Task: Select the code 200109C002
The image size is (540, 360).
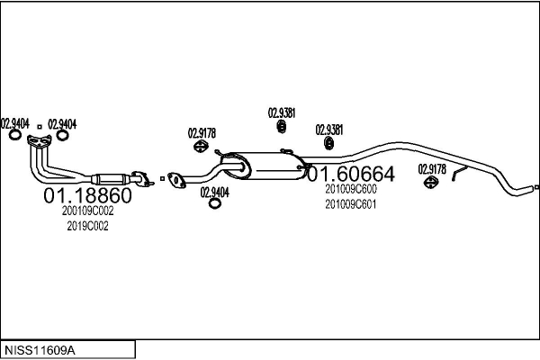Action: click(x=87, y=211)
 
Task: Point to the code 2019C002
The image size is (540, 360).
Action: click(x=87, y=226)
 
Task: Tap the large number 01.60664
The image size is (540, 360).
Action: click(x=351, y=173)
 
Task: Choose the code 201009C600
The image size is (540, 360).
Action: click(x=351, y=189)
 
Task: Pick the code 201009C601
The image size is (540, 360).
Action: click(x=351, y=203)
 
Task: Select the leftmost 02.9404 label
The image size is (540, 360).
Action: click(x=14, y=123)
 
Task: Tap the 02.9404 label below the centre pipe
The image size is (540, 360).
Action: click(x=214, y=191)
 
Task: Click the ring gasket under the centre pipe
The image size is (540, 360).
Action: click(x=215, y=203)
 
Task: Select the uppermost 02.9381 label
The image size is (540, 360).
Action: click(x=282, y=113)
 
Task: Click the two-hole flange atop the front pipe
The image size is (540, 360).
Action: click(x=39, y=140)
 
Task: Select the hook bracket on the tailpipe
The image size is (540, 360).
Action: click(x=457, y=173)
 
